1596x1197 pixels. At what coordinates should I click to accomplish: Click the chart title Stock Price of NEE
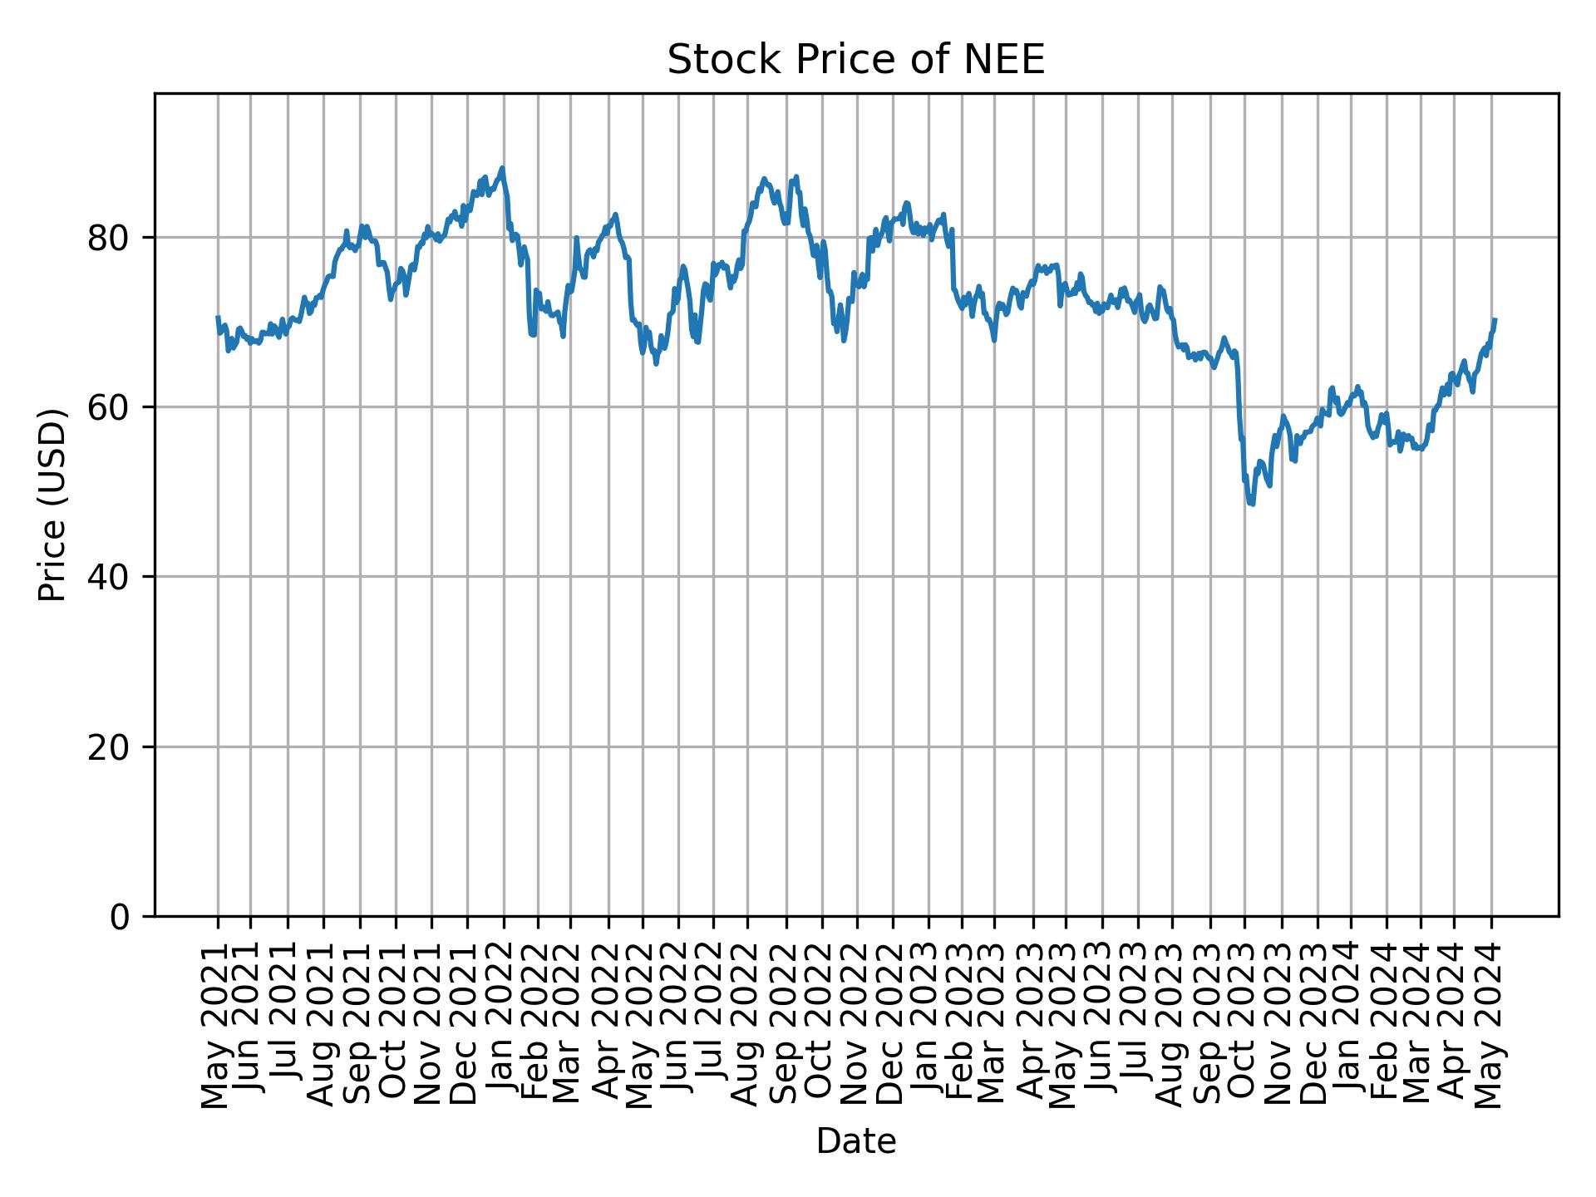click(x=855, y=61)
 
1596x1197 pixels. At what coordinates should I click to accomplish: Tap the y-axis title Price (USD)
click(x=52, y=505)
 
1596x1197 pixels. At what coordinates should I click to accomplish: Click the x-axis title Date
click(x=855, y=1141)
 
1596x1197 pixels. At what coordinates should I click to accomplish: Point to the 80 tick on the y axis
click(x=108, y=238)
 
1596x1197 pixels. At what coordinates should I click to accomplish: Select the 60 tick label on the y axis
click(x=108, y=407)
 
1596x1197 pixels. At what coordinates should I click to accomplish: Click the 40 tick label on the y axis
click(x=108, y=577)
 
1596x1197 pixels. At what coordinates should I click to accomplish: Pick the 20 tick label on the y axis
click(x=108, y=746)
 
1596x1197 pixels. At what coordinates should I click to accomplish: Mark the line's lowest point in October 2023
click(x=1252, y=505)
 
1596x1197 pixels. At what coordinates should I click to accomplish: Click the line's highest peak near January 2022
click(x=502, y=168)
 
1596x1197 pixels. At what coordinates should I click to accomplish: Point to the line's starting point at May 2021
click(x=218, y=318)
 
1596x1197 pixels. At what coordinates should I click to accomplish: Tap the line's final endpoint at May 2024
click(x=1495, y=319)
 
